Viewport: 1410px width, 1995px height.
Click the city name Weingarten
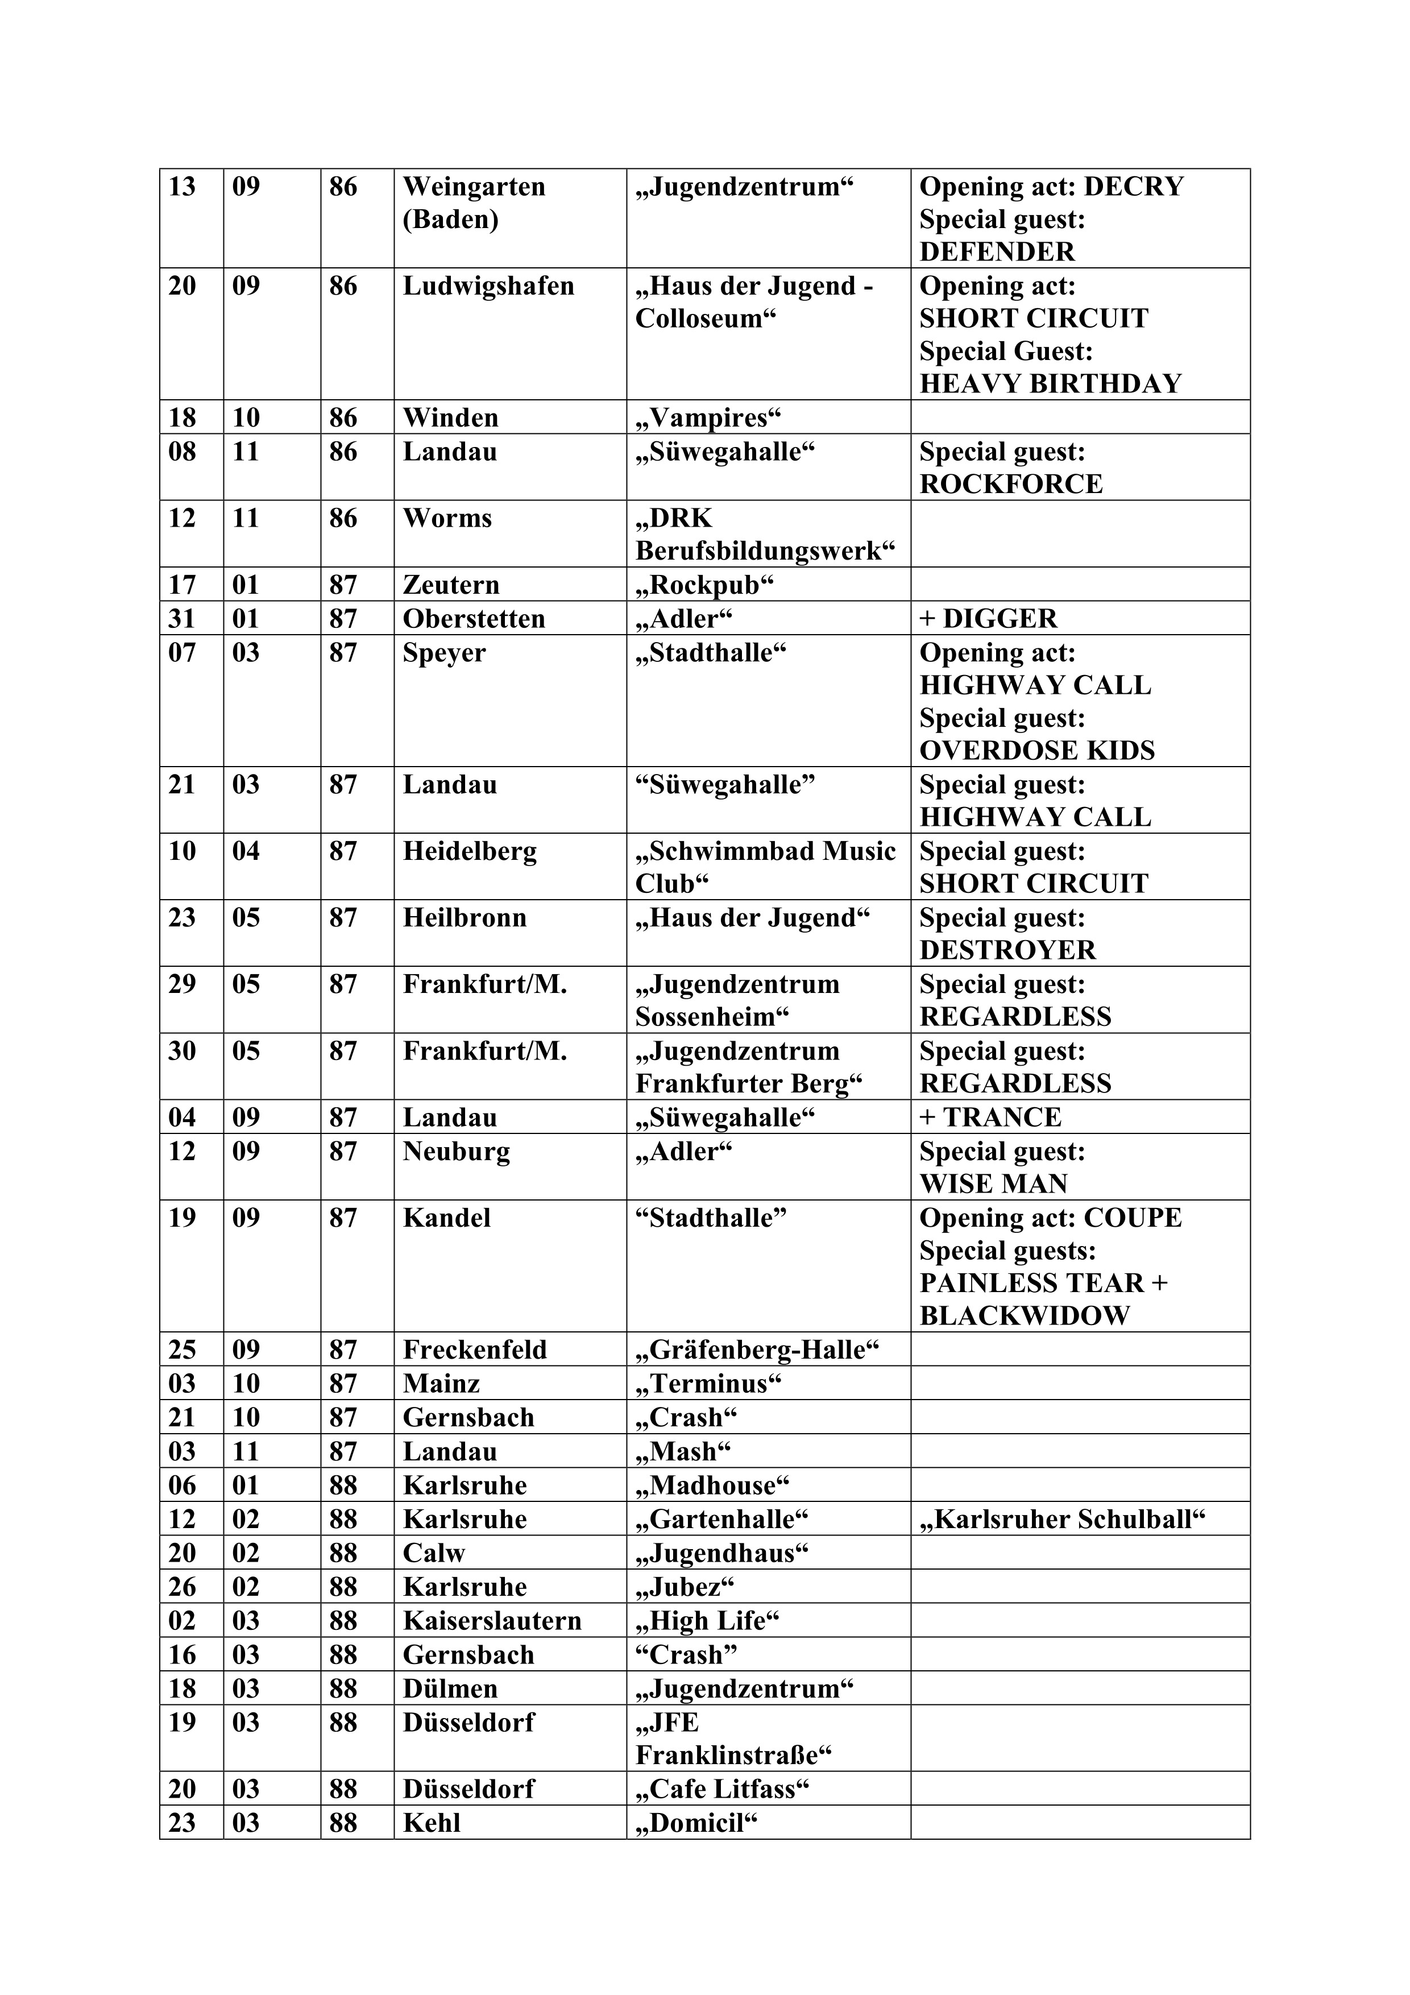[474, 187]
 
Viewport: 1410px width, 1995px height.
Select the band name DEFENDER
[997, 252]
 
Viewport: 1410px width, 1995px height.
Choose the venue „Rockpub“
[704, 585]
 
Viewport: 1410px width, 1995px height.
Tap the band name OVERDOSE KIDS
[1036, 751]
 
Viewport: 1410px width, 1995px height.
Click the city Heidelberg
[469, 851]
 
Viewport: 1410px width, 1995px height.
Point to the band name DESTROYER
[1008, 950]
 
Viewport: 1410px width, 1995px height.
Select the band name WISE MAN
[993, 1183]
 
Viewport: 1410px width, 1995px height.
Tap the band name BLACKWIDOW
[1025, 1315]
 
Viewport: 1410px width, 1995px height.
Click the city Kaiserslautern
[492, 1620]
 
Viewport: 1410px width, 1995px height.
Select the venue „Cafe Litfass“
[722, 1789]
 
